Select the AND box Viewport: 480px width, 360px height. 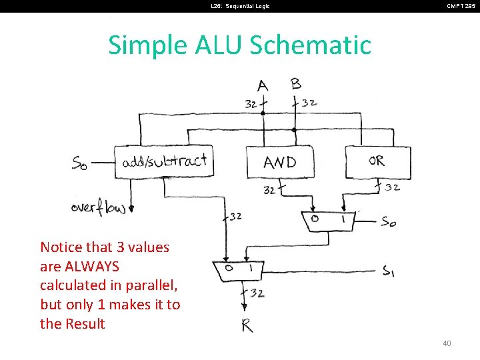(280, 162)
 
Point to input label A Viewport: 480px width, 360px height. (263, 85)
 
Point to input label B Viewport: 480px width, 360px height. (296, 84)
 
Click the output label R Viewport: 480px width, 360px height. (247, 326)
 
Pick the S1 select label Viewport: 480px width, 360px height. (388, 271)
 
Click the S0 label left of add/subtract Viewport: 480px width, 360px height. (81, 162)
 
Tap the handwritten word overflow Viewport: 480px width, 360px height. (98, 207)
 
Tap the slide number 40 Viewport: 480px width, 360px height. (447, 343)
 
